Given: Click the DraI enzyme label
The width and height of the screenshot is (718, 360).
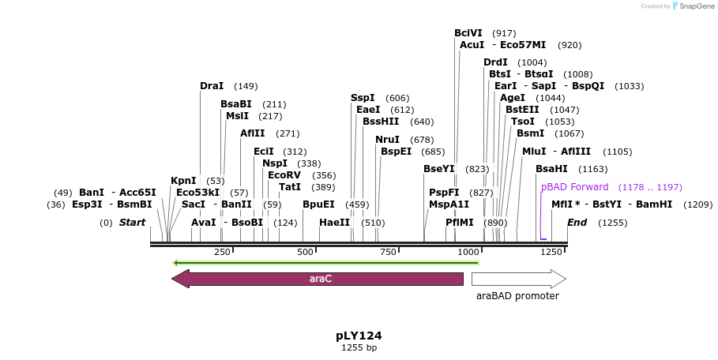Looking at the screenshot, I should click(x=212, y=86).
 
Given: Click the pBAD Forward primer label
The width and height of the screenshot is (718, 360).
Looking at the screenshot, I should click(x=575, y=187).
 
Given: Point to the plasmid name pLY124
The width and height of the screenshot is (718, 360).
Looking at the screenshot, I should click(x=359, y=336).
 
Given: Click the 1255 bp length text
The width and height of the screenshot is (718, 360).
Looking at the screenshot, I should click(x=359, y=347).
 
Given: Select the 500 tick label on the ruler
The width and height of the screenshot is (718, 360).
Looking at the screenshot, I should click(x=305, y=252).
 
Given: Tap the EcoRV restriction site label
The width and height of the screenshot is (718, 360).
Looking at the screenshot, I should click(x=284, y=175).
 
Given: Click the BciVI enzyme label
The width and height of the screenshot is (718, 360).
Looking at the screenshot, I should click(x=468, y=33).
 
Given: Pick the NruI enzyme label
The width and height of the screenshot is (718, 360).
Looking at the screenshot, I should click(x=388, y=140).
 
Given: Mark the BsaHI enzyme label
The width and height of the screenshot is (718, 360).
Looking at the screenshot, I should click(x=551, y=169).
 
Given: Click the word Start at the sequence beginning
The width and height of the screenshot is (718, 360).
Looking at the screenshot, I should click(x=132, y=223).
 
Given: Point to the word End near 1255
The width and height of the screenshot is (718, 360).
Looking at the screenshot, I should click(x=577, y=223).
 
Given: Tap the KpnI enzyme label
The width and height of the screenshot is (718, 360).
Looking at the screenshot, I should click(x=183, y=181).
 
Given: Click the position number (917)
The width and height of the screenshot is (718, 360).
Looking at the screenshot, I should click(x=504, y=33).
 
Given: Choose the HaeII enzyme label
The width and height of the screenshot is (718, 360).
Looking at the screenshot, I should click(x=334, y=223).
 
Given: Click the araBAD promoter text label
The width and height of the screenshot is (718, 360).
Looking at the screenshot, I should click(x=517, y=296).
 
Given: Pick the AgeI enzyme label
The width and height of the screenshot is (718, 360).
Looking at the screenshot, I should click(x=513, y=98).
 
